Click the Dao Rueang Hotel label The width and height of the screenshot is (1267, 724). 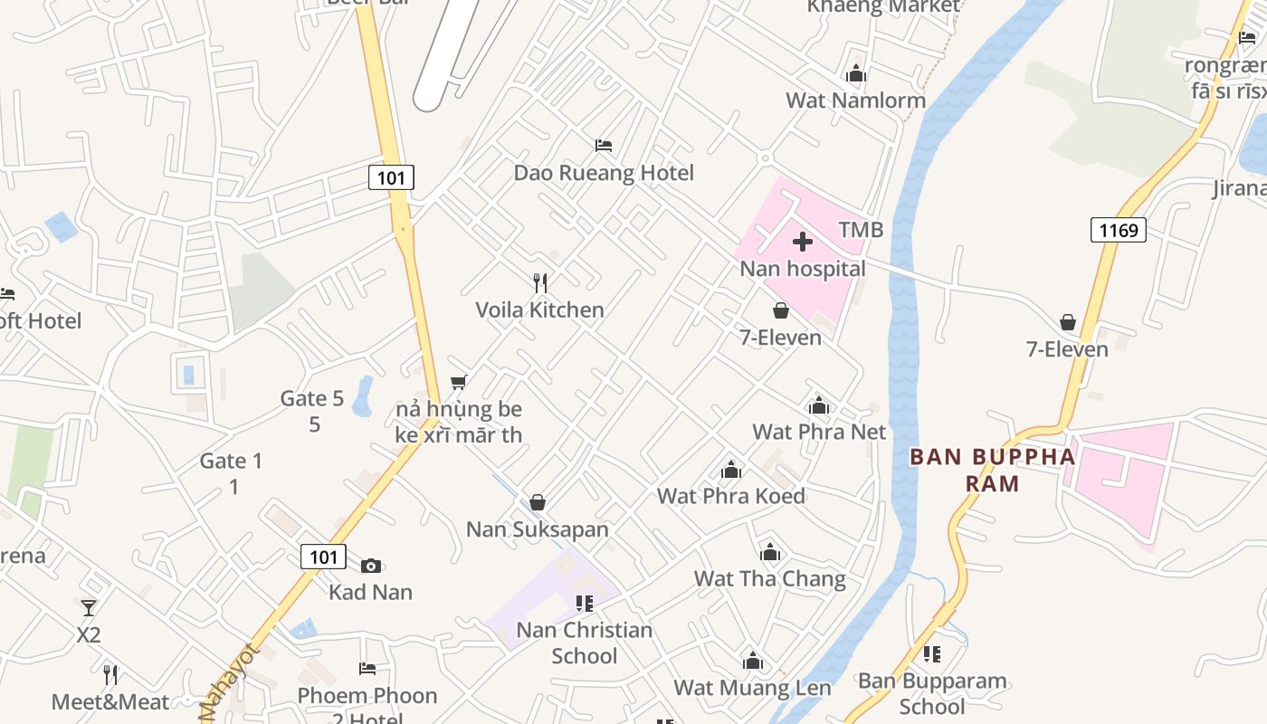pyautogui.click(x=604, y=173)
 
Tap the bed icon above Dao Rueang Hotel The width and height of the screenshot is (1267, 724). pyautogui.click(x=604, y=145)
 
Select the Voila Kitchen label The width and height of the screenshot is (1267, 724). pyautogui.click(x=540, y=310)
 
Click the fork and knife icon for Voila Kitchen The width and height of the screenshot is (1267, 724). pyautogui.click(x=540, y=283)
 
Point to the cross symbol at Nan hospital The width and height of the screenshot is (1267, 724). pyautogui.click(x=803, y=242)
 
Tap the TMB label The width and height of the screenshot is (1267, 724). pyautogui.click(x=861, y=230)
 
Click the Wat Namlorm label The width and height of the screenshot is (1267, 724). pyautogui.click(x=855, y=100)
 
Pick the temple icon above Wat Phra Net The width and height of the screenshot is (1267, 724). pyautogui.click(x=819, y=405)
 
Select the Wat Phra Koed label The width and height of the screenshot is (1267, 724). pyautogui.click(x=731, y=496)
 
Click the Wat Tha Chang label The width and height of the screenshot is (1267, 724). pyautogui.click(x=770, y=578)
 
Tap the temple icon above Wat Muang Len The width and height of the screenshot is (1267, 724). pyautogui.click(x=752, y=662)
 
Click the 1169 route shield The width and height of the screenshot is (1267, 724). pyautogui.click(x=1118, y=230)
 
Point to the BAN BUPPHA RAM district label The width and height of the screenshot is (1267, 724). pyautogui.click(x=993, y=470)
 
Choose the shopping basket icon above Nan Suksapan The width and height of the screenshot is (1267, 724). pyautogui.click(x=538, y=502)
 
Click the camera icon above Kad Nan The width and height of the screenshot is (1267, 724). pyautogui.click(x=371, y=566)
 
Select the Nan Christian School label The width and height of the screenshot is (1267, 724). pyautogui.click(x=585, y=643)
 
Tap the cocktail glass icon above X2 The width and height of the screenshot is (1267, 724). pyautogui.click(x=89, y=608)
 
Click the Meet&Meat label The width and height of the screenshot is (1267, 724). pyautogui.click(x=110, y=702)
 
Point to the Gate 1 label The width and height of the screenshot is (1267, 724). pyautogui.click(x=232, y=462)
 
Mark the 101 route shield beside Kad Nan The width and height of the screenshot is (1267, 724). pyautogui.click(x=323, y=557)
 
